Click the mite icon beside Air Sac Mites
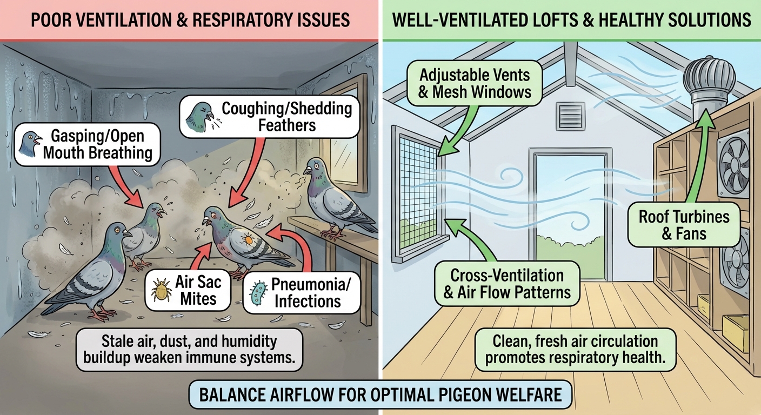tap(161, 290)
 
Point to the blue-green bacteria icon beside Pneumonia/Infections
tap(258, 292)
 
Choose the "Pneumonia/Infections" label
tap(307, 292)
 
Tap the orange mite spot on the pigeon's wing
tap(248, 238)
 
